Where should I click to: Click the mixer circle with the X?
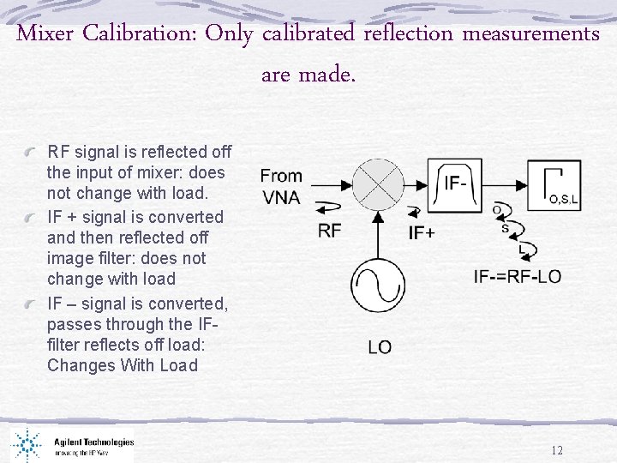click(379, 183)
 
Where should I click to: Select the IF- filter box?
click(457, 183)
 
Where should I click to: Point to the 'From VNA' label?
click(281, 186)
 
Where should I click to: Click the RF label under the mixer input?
click(330, 230)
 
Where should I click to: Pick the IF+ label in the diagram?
click(422, 232)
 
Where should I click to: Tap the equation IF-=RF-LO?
click(518, 276)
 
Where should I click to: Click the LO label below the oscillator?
click(380, 346)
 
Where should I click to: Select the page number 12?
click(557, 451)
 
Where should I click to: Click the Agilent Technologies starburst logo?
click(27, 443)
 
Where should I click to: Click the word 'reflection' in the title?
click(409, 34)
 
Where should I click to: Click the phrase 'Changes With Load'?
click(123, 365)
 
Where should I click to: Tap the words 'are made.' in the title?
click(308, 75)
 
